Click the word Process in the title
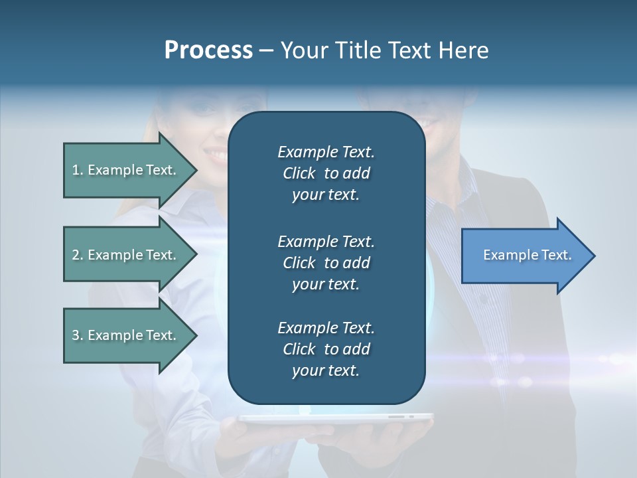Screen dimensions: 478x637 208,50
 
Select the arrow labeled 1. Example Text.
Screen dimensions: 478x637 126,170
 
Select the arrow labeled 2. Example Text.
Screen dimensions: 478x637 126,255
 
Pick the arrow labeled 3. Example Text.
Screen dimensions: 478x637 126,335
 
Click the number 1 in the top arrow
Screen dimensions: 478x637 76,170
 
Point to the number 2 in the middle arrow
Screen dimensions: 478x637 76,255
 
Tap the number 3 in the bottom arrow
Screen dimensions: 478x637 76,335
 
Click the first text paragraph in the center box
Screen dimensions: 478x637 326,173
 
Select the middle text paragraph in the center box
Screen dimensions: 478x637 326,262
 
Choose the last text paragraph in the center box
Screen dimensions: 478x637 326,349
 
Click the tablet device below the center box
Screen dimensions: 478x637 335,418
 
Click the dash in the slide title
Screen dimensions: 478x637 266,50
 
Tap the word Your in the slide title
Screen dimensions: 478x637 303,50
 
